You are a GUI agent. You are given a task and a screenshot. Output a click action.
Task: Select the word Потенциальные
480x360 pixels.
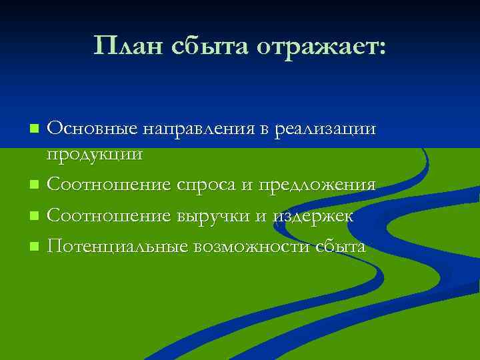click(x=117, y=247)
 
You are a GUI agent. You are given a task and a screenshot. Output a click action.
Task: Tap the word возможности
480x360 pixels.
click(x=251, y=247)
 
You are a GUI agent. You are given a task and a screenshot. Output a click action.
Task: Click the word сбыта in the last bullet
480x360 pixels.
click(x=341, y=247)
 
